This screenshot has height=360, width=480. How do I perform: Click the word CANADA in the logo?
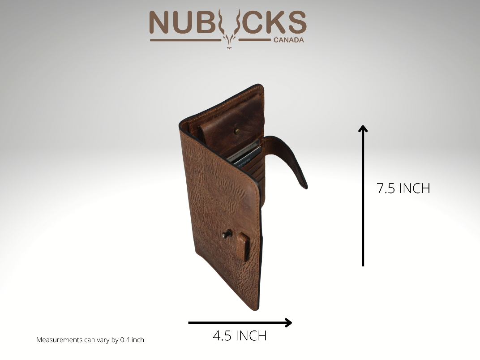point(289,40)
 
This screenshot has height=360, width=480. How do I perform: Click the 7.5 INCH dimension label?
point(403,188)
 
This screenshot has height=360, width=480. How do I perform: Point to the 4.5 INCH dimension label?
point(240,336)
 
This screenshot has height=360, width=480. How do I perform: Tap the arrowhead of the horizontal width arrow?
point(288,323)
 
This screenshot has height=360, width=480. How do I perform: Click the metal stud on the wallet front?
point(226,234)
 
